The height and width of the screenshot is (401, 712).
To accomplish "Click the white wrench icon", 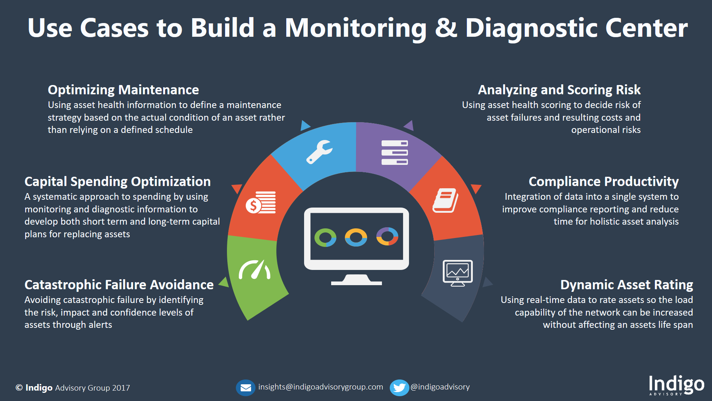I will click(x=319, y=151).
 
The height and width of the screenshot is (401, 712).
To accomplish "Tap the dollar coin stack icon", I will click(x=261, y=203).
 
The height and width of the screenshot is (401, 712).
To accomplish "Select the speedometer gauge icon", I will click(x=255, y=270).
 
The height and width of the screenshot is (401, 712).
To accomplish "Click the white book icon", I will click(x=445, y=200).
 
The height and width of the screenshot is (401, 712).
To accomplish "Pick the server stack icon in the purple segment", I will click(x=395, y=153).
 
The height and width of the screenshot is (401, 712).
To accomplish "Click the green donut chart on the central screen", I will click(x=325, y=238).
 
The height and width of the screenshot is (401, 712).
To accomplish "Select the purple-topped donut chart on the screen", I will click(x=387, y=237).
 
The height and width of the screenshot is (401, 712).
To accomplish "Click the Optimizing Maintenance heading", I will click(x=123, y=90).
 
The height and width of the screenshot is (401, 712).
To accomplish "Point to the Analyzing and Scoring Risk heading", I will click(x=559, y=90).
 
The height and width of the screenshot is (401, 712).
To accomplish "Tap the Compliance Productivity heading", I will click(x=603, y=182).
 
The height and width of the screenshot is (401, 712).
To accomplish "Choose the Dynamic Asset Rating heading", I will click(x=626, y=285).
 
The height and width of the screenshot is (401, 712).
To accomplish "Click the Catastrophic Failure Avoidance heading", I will click(x=119, y=285).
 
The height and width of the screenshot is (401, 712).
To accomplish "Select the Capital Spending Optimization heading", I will click(x=117, y=182).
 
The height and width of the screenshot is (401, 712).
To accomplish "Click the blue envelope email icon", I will click(x=245, y=388).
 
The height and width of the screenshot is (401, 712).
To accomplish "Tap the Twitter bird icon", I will click(x=399, y=388).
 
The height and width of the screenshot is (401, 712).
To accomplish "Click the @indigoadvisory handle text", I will click(x=440, y=387).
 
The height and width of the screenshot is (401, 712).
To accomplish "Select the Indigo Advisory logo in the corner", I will click(x=676, y=385).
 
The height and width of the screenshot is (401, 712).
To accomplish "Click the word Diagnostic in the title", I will click(x=531, y=28).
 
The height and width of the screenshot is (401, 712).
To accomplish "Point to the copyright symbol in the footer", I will click(x=19, y=388).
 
